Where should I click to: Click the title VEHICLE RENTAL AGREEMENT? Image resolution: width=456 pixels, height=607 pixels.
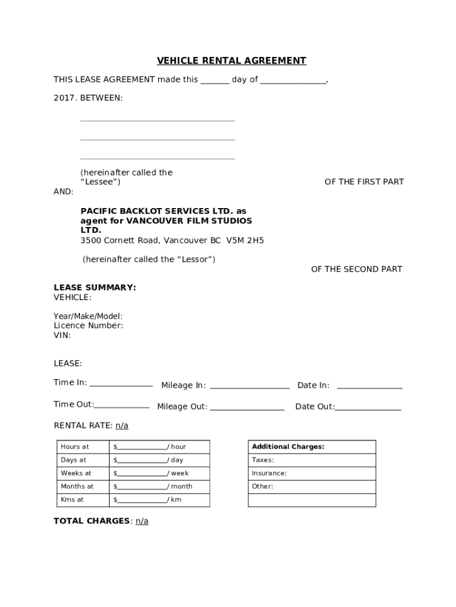pyautogui.click(x=232, y=60)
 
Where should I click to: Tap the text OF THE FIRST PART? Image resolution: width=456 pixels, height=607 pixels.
pyautogui.click(x=364, y=182)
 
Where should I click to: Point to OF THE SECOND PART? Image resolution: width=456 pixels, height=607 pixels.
pyautogui.click(x=357, y=269)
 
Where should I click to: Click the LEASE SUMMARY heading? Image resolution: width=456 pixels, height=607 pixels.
pyautogui.click(x=95, y=287)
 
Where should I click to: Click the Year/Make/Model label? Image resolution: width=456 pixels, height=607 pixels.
pyautogui.click(x=88, y=316)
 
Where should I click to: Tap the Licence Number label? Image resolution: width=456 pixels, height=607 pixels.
pyautogui.click(x=89, y=325)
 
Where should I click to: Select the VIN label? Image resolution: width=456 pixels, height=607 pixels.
pyautogui.click(x=62, y=335)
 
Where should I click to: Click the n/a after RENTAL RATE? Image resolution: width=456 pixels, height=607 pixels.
pyautogui.click(x=121, y=426)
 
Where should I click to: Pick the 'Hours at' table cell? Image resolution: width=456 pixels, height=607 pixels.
pyautogui.click(x=81, y=447)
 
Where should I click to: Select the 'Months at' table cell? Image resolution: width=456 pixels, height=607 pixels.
pyautogui.click(x=81, y=487)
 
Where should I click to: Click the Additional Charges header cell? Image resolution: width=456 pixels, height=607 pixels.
pyautogui.click(x=312, y=447)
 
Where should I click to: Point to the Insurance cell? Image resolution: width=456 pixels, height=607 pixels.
pyautogui.click(x=312, y=473)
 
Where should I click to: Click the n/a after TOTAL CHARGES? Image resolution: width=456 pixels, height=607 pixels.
pyautogui.click(x=142, y=521)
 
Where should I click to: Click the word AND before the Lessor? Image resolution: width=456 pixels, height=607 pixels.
pyautogui.click(x=64, y=191)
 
